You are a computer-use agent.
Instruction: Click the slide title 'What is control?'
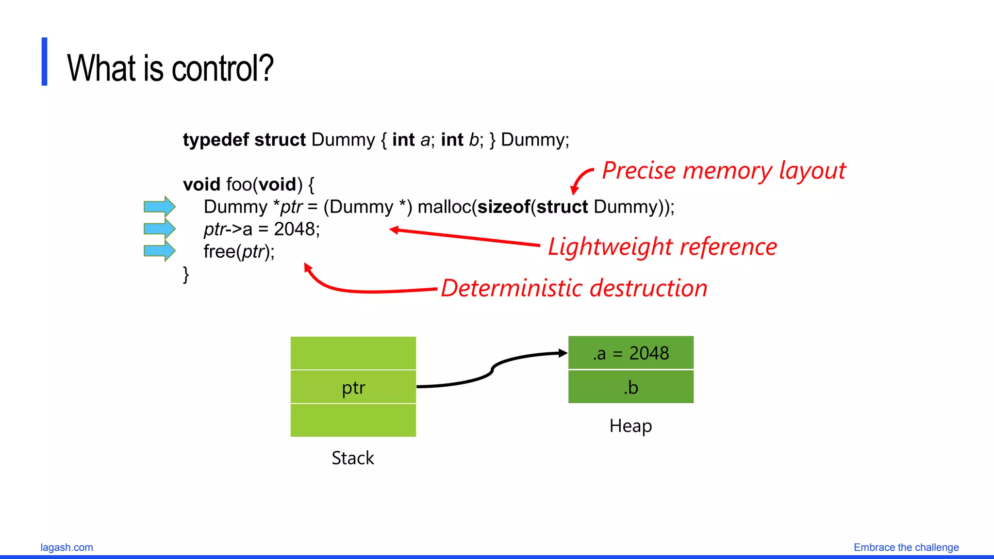170,68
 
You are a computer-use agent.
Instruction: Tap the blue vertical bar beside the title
45,62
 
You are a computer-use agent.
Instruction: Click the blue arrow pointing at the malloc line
159,207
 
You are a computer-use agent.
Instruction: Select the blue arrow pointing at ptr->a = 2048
159,229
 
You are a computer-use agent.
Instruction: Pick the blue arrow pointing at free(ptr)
159,251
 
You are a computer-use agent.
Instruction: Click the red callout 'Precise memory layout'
723,171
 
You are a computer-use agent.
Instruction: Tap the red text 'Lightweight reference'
662,247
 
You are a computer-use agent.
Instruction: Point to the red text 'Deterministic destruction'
574,288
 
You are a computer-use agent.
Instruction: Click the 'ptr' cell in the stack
353,387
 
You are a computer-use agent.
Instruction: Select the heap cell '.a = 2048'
630,353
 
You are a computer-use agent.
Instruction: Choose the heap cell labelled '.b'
630,387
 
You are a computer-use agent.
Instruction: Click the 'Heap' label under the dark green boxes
630,426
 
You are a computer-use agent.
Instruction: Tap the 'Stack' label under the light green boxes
353,458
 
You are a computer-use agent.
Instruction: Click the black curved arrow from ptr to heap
492,370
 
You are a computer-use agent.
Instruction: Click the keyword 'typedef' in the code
215,140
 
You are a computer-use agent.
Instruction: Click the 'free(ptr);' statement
239,252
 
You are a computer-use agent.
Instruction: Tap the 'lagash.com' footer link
66,547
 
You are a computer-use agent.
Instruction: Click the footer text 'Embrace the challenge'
906,547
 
